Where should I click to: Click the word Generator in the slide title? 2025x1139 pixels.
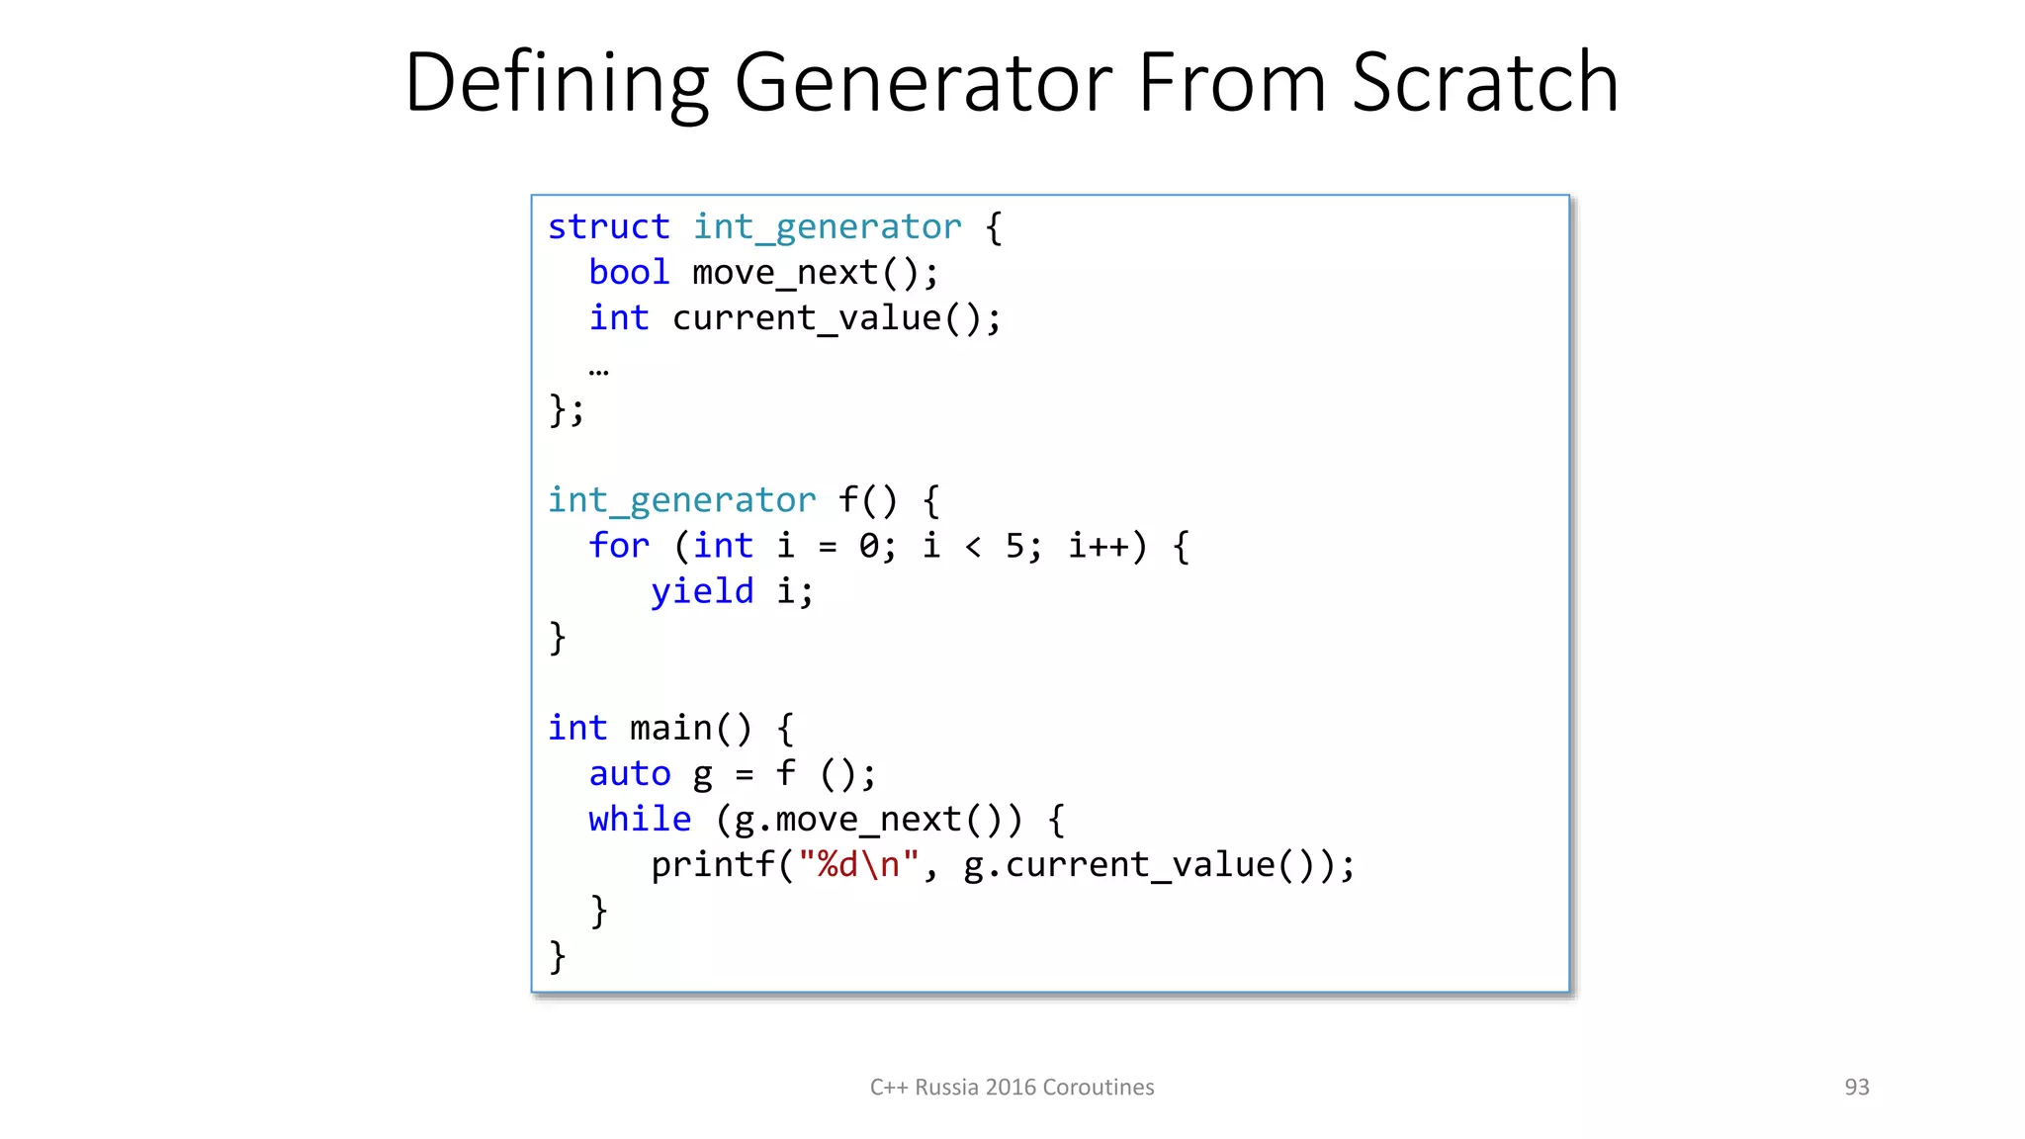tap(924, 83)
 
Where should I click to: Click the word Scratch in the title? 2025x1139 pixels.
tap(1485, 83)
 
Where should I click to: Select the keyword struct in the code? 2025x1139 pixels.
tap(608, 227)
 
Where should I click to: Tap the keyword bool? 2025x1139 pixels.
tap(629, 273)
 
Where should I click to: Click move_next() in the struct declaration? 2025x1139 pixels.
tap(814, 273)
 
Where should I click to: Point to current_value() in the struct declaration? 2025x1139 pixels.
tap(836, 318)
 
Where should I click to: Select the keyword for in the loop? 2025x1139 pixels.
tap(619, 546)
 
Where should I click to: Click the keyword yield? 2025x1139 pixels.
tap(702, 591)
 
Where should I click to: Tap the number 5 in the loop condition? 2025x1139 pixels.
tap(1015, 546)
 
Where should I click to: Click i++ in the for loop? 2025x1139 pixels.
tap(1099, 546)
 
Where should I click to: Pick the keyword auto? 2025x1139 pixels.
tap(630, 773)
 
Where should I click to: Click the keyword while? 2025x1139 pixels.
tap(640, 819)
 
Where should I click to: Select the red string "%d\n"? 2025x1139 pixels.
tap(858, 865)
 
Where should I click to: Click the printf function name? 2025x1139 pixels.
tap(712, 865)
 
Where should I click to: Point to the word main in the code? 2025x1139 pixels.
tap(670, 729)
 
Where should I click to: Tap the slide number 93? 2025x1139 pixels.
tap(1857, 1088)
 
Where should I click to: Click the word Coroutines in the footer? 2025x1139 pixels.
tap(1098, 1088)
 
